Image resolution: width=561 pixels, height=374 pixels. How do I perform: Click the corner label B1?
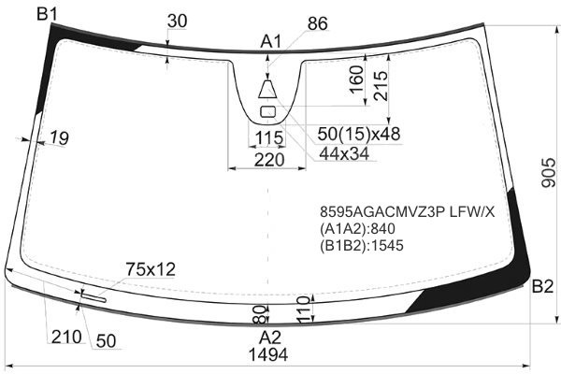tap(47, 15)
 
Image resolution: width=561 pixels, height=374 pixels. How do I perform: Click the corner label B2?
tap(542, 287)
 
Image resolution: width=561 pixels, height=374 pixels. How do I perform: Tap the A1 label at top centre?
tap(271, 42)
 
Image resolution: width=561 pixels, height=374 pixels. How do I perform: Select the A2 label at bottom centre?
tap(270, 338)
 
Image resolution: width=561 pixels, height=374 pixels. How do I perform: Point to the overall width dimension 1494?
tap(268, 355)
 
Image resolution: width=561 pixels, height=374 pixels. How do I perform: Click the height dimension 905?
tap(549, 173)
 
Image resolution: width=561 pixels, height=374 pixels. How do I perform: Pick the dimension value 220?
tap(269, 160)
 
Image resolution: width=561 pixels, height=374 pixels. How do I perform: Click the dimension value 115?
tap(269, 137)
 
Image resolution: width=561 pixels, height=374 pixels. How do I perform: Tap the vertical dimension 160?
tap(356, 79)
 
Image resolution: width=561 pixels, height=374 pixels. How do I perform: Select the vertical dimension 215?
tap(381, 86)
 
